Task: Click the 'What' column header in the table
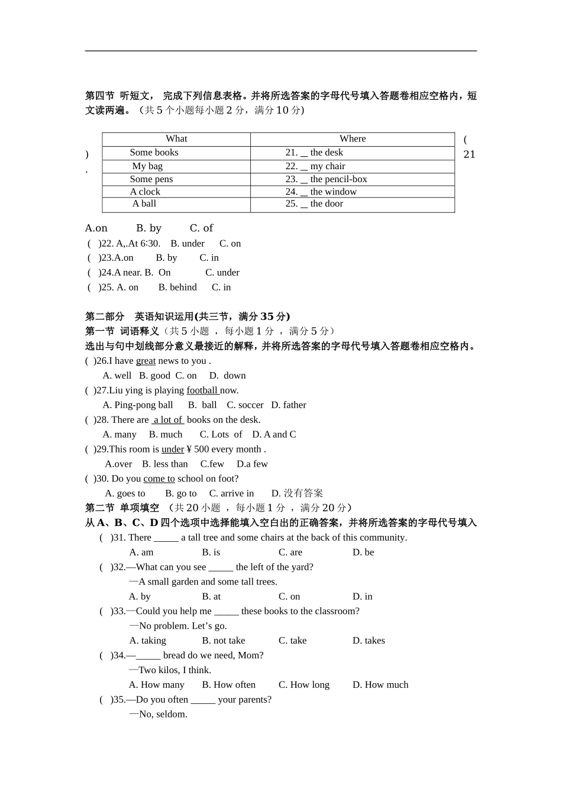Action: (176, 139)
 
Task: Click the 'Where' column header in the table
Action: (353, 139)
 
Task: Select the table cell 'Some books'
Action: (154, 153)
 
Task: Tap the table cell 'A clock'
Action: (145, 192)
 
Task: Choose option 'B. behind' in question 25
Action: (177, 287)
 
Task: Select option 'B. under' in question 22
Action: (188, 244)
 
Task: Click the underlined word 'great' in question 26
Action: (146, 361)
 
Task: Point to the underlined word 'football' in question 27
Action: (202, 390)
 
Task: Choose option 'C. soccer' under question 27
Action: (245, 405)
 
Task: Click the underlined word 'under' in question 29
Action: (173, 450)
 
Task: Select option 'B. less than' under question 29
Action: (165, 464)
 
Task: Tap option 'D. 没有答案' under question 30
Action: (297, 493)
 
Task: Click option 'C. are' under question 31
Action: (290, 552)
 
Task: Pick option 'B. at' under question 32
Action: (211, 597)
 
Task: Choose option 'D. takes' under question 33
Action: (369, 641)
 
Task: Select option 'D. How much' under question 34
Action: (380, 685)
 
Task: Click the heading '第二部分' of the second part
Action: (105, 316)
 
